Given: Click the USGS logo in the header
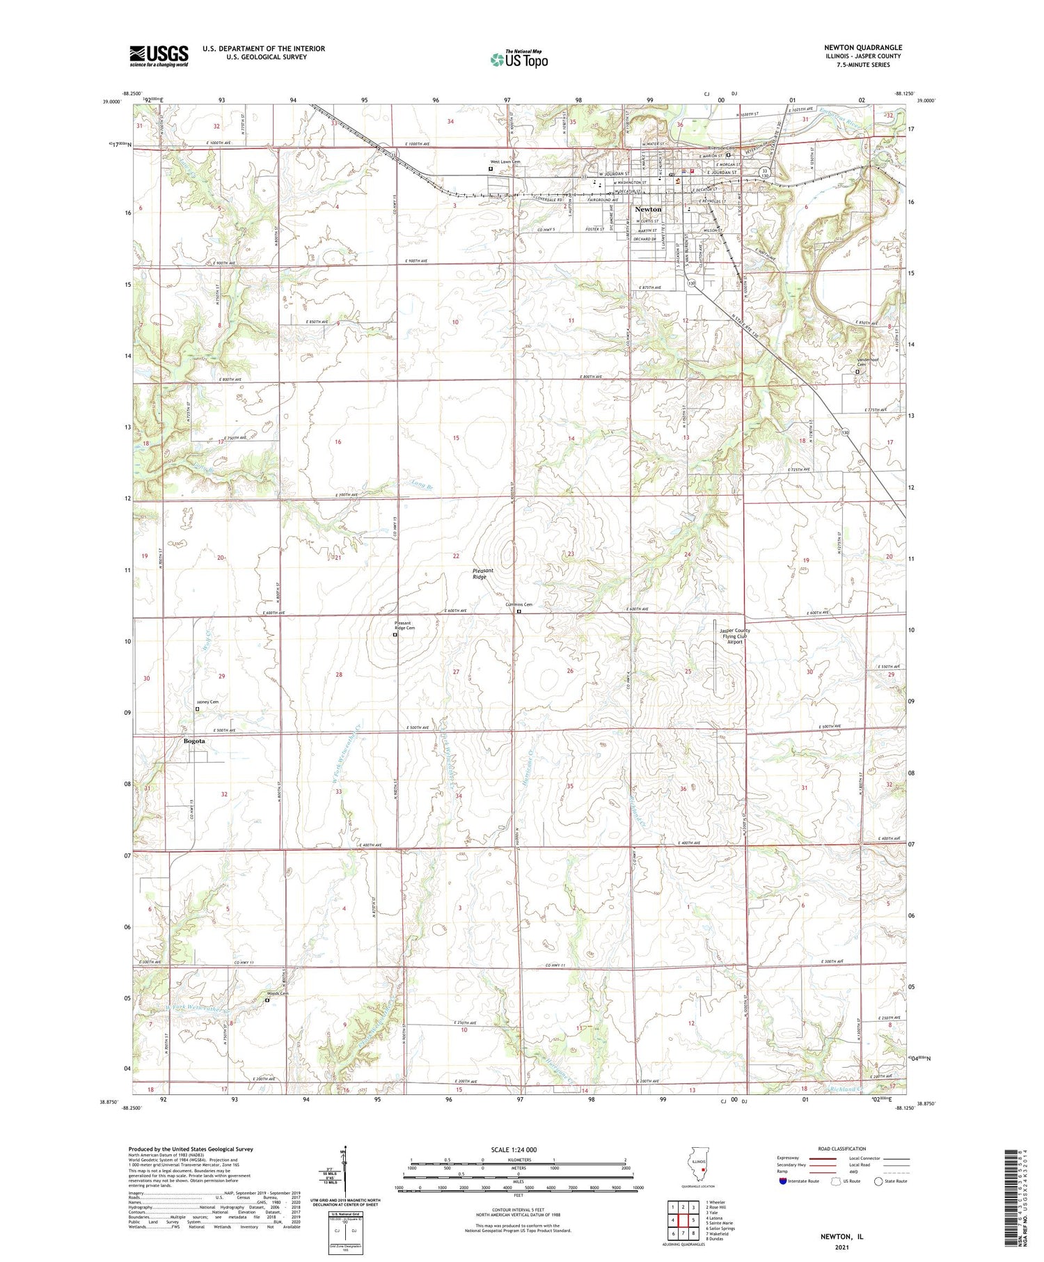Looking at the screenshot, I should pyautogui.click(x=159, y=56).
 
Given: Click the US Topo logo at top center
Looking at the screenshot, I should pyautogui.click(x=519, y=60).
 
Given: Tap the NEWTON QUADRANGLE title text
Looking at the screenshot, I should pyautogui.click(x=862, y=47).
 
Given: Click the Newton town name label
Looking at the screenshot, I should pyautogui.click(x=648, y=209).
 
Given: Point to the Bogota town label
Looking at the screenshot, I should pyautogui.click(x=194, y=741).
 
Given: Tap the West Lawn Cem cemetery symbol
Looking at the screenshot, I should pyautogui.click(x=491, y=168).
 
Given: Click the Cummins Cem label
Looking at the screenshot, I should pyautogui.click(x=519, y=604).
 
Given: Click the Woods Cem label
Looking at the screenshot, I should pyautogui.click(x=278, y=993).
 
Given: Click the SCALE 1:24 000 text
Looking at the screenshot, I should pyautogui.click(x=514, y=1149).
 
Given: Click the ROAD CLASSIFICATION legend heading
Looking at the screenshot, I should pyautogui.click(x=842, y=1149).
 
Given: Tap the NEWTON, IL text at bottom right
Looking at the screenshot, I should pyautogui.click(x=842, y=1237).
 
